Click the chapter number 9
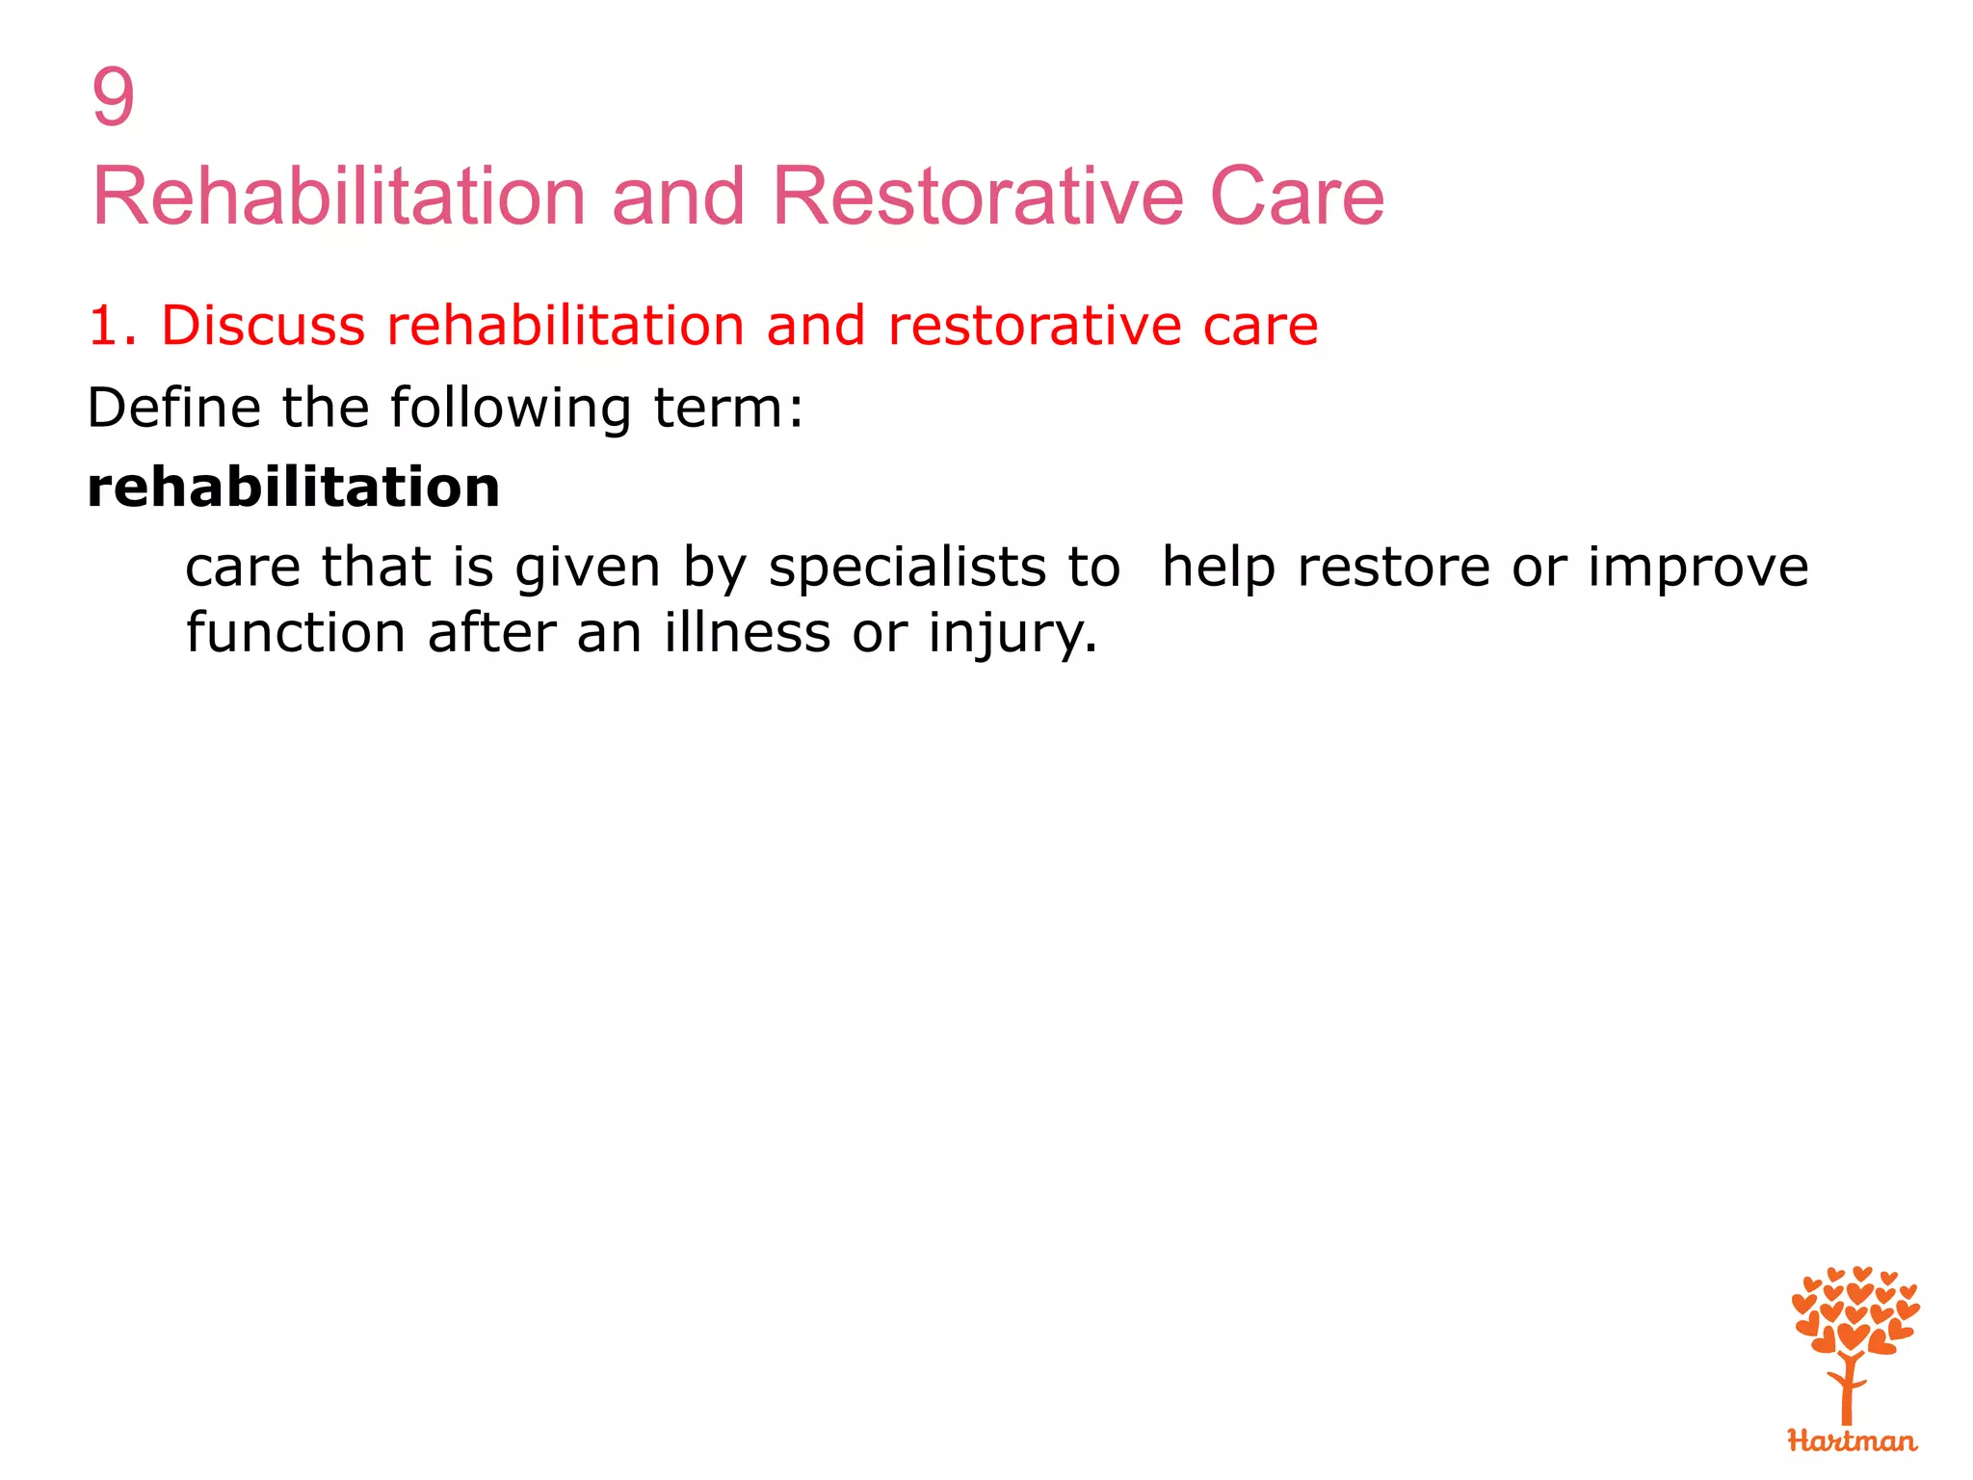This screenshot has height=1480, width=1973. [x=113, y=97]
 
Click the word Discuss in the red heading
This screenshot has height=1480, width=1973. [x=263, y=326]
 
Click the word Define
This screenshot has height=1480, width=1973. [x=173, y=408]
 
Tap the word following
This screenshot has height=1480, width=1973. [x=511, y=408]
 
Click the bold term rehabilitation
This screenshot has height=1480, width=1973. [x=294, y=488]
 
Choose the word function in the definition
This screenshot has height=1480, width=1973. [x=296, y=633]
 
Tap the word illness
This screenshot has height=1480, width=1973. [x=747, y=633]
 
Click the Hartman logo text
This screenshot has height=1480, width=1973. [x=1852, y=1441]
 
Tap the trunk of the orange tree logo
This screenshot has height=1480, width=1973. [x=1847, y=1392]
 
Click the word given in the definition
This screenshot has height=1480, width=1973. [x=588, y=568]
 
